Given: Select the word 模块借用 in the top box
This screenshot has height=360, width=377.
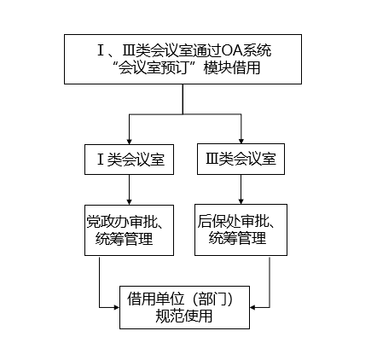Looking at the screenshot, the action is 232,68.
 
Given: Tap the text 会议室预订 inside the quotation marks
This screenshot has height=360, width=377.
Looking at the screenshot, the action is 154,68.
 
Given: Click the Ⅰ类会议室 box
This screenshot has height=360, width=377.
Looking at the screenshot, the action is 129,160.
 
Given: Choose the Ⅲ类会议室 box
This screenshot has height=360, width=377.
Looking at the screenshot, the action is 241,159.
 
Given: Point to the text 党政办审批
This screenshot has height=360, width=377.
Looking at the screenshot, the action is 122,222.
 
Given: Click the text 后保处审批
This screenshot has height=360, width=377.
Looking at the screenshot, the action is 234,221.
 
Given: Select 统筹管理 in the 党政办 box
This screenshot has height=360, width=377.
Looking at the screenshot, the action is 125,239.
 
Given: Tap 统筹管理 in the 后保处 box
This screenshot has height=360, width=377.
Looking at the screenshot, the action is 237,238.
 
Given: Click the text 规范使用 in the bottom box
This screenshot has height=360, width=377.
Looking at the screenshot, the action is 184,316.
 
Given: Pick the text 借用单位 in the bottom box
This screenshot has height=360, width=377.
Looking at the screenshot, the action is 155,299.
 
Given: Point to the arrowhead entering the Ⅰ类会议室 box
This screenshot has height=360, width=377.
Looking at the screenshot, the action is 129,142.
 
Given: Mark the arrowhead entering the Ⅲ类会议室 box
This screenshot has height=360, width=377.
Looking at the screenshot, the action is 241,141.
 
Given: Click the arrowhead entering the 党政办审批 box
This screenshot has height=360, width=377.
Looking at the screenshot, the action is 129,202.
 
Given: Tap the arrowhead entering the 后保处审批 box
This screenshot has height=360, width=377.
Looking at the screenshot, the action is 241,201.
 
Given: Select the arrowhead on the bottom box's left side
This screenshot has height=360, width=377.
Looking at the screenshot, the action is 117,307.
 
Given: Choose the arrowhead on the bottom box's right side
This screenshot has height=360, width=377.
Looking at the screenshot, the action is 252,307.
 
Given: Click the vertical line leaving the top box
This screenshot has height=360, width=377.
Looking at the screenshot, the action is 183,99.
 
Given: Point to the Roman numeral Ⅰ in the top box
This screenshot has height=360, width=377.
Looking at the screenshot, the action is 101,51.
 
